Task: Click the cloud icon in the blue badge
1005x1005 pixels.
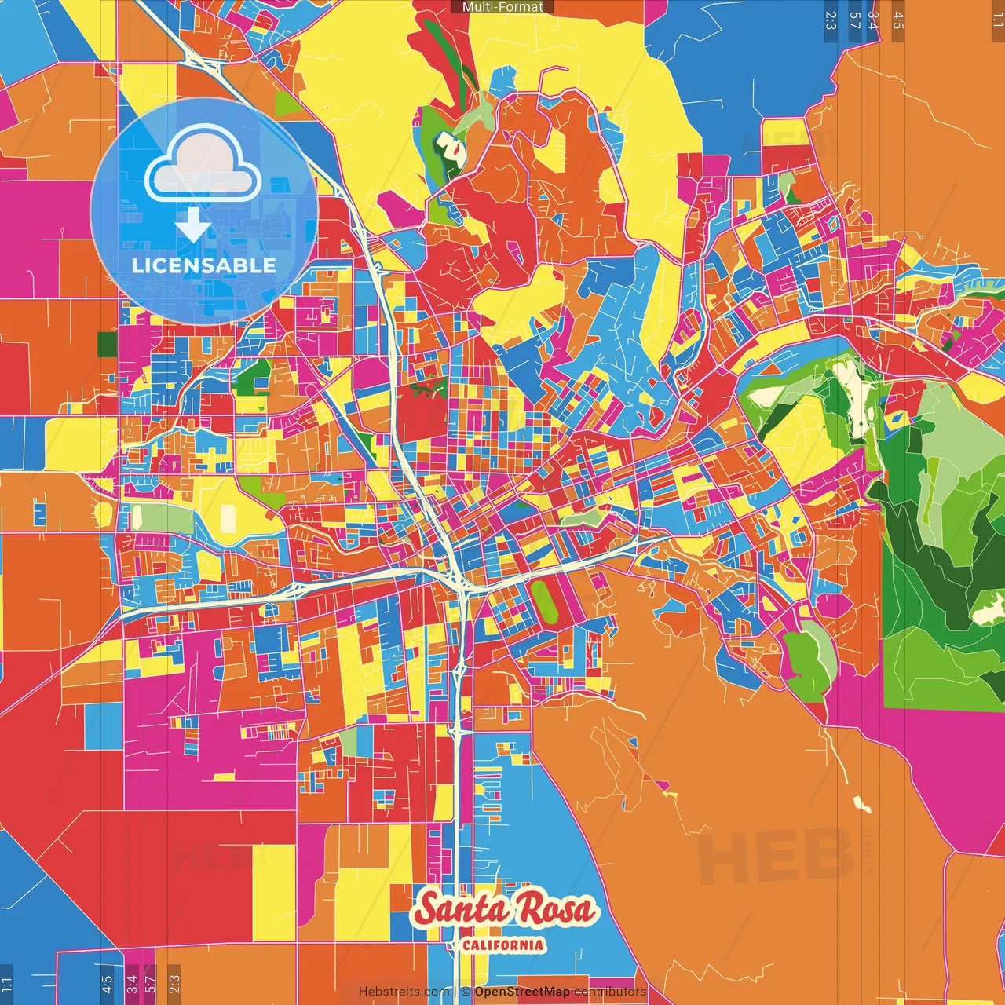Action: coord(203,168)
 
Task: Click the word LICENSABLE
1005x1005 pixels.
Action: coord(204,265)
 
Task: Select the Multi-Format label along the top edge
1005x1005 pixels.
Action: coord(502,7)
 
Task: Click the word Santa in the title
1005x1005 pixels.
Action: coord(462,909)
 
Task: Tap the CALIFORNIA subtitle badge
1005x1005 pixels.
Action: coord(502,944)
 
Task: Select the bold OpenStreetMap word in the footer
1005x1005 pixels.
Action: coord(522,992)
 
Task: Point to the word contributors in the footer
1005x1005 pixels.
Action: coord(610,992)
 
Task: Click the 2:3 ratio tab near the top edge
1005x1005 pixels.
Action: coord(831,20)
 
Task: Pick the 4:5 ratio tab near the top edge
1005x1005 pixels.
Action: coord(898,20)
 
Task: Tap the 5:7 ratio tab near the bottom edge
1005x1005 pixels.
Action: coord(151,983)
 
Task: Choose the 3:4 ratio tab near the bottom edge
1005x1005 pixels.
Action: coord(132,983)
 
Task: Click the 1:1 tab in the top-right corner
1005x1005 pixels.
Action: coord(997,19)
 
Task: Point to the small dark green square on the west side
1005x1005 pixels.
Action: coord(107,344)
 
